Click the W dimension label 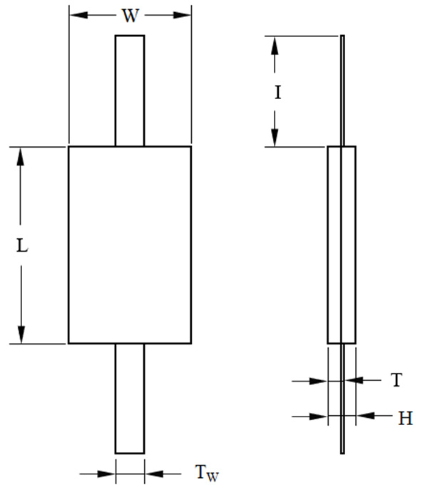point(130,16)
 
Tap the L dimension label point(22,245)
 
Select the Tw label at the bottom point(207,472)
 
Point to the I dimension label point(278,93)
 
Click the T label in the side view point(396,380)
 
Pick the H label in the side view point(406,418)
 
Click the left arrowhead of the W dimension point(78,15)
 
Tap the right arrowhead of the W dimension point(182,15)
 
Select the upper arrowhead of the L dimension point(21,157)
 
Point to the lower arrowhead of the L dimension point(21,335)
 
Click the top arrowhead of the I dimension point(275,46)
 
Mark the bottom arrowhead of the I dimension point(275,138)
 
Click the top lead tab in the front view point(130,91)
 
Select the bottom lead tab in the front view point(130,399)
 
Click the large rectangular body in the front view point(130,245)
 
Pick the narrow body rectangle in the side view point(342,245)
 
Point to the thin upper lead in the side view point(342,91)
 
